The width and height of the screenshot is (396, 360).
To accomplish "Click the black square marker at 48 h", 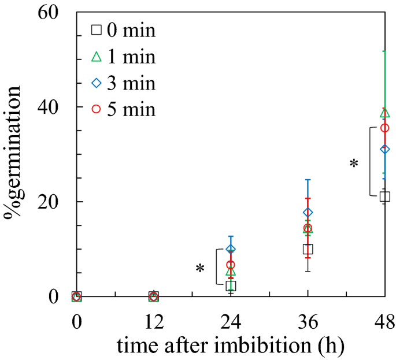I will click(x=384, y=196).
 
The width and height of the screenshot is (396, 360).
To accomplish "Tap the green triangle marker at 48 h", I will click(x=384, y=113).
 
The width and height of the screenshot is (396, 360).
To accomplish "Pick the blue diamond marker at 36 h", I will click(x=308, y=213).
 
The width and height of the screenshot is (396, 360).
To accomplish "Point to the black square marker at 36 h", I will click(x=308, y=249).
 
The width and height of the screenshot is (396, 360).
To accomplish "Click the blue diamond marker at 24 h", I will click(x=231, y=249).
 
